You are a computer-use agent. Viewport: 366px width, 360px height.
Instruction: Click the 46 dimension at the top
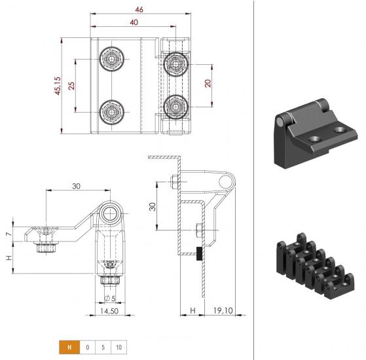pos(139,10)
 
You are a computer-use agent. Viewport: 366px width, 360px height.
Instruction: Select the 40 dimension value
pos(134,22)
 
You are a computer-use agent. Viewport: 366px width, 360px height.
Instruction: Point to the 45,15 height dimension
pos(58,86)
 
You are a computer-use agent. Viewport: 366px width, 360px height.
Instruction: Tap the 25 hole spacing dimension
pos(71,86)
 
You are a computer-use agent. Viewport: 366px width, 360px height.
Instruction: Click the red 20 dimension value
pos(208,83)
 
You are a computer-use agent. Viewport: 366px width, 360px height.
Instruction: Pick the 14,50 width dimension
pos(109,311)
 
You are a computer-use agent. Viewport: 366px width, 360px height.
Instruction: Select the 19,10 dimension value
pos(223,310)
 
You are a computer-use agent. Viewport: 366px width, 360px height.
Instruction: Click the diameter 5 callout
pos(110,298)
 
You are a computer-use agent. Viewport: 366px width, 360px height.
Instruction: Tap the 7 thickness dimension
pos(9,234)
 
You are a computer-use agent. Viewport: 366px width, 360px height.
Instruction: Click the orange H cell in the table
pos(69,348)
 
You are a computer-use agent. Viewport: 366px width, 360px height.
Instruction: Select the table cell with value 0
pos(88,348)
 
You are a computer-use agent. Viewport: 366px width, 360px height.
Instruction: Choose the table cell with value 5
pos(103,348)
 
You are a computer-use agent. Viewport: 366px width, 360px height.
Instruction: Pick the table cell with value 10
pos(119,348)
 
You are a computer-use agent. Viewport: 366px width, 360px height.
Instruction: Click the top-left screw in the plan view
pos(112,59)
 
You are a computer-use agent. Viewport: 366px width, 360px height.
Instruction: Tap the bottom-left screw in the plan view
pos(112,112)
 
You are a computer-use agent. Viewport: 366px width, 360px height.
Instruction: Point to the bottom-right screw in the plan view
pos(175,107)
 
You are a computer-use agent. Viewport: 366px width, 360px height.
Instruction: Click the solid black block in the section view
pos(199,253)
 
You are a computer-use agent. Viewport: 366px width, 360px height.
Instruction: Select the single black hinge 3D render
pos(316,133)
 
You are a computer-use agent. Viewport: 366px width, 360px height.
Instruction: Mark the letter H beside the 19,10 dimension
pos(192,310)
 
